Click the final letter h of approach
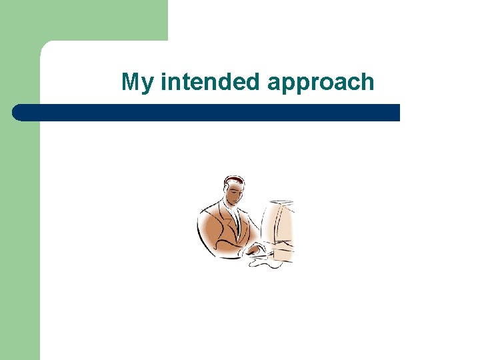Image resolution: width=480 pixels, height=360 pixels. click(x=367, y=82)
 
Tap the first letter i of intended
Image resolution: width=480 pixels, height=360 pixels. click(x=163, y=82)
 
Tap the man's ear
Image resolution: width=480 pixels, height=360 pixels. click(x=226, y=192)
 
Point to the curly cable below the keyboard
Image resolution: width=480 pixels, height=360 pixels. click(x=267, y=263)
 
